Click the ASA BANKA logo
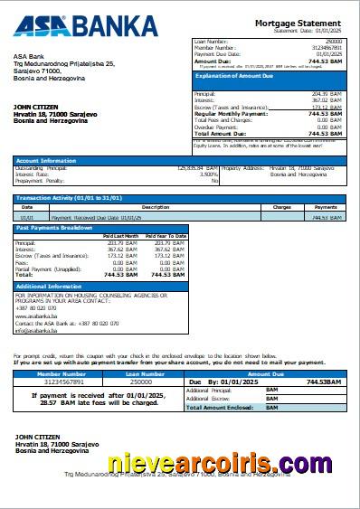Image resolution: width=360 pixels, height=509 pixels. pyautogui.click(x=85, y=24)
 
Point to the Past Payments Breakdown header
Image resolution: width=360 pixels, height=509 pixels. pyautogui.click(x=54, y=228)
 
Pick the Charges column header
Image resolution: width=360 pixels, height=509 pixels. pyautogui.click(x=281, y=207)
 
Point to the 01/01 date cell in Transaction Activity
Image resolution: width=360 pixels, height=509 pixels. pyautogui.click(x=28, y=217)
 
